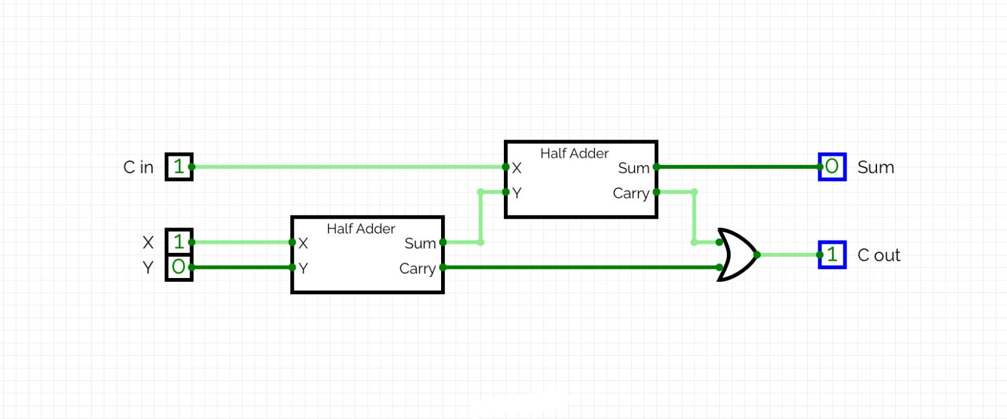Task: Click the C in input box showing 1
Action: tap(179, 167)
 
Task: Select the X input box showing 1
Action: tap(179, 242)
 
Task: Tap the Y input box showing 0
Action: tap(179, 267)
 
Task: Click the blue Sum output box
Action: tap(832, 167)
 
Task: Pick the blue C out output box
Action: tap(832, 255)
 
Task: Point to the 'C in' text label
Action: tap(138, 167)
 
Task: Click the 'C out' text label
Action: tap(878, 255)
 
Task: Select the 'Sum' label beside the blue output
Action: tap(875, 167)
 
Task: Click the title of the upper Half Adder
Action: tap(574, 153)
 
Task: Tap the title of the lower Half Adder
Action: tap(361, 229)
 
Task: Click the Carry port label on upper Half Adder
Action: tap(631, 193)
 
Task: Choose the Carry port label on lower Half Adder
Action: tap(417, 268)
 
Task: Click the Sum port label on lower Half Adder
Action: tap(420, 244)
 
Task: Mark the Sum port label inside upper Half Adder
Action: tap(633, 168)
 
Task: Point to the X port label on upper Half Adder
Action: tap(516, 168)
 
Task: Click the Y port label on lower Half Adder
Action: tap(303, 268)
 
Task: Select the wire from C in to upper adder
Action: tap(349, 167)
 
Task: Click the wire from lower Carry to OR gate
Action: tap(582, 267)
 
